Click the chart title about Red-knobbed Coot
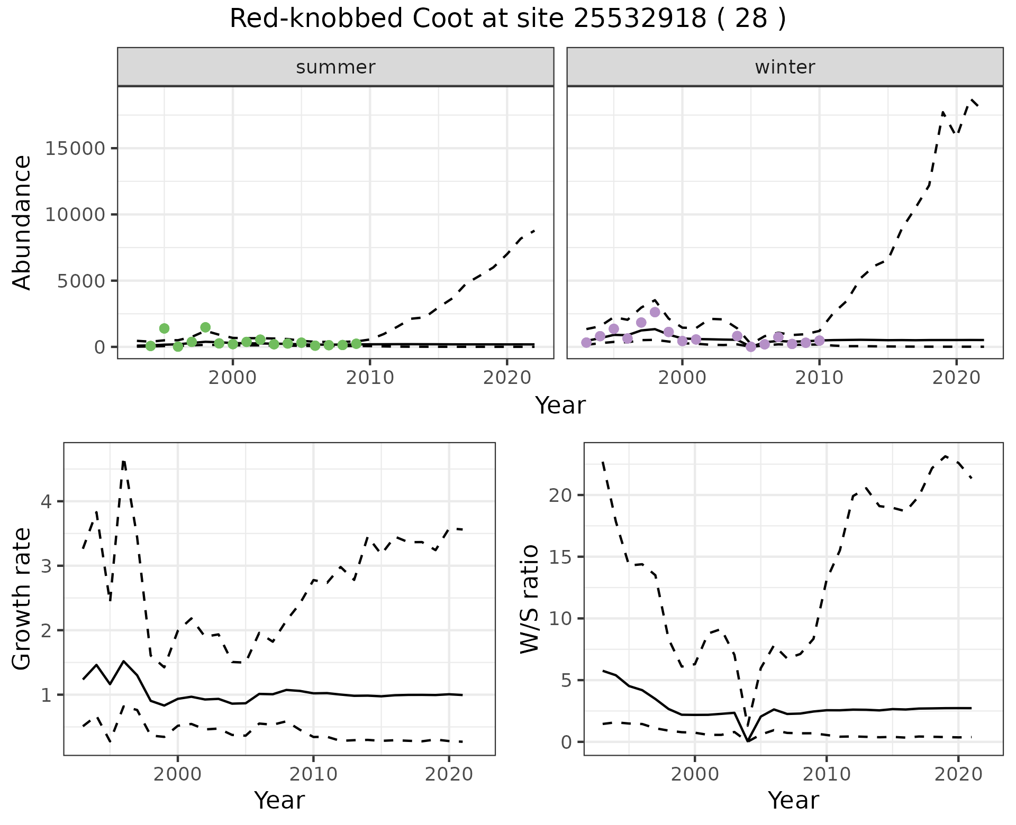pyautogui.click(x=507, y=19)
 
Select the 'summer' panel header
pyautogui.click(x=335, y=67)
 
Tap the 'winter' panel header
pyautogui.click(x=785, y=67)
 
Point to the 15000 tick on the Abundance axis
pyautogui.click(x=74, y=149)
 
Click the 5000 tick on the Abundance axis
pyautogui.click(x=81, y=281)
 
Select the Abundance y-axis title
pyautogui.click(x=22, y=222)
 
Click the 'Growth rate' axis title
pyautogui.click(x=22, y=599)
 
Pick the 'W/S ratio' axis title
pyautogui.click(x=530, y=599)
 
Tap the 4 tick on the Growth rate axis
pyautogui.click(x=46, y=501)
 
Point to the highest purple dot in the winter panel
pyautogui.click(x=655, y=312)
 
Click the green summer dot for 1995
pyautogui.click(x=164, y=328)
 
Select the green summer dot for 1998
pyautogui.click(x=205, y=327)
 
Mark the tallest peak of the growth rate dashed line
pyautogui.click(x=123, y=462)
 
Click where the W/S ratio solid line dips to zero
pyautogui.click(x=748, y=741)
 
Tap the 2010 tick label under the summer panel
pyautogui.click(x=369, y=378)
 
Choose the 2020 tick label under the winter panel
pyautogui.click(x=956, y=378)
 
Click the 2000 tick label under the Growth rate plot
pyautogui.click(x=178, y=775)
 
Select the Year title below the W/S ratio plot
pyautogui.click(x=793, y=800)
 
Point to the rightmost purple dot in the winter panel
pyautogui.click(x=819, y=341)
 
